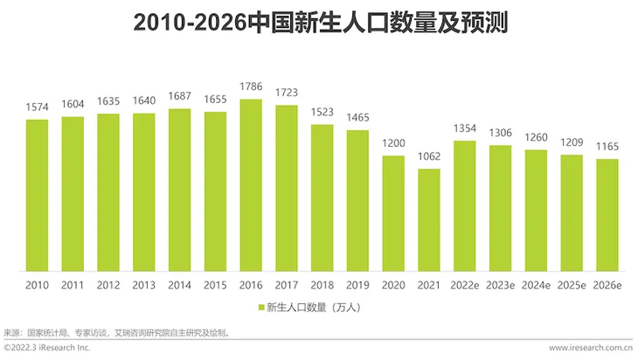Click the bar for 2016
251,184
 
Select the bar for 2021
429,219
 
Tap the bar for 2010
37,195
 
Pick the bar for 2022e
465,205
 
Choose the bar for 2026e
607,215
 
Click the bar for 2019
357,200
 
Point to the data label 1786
251,87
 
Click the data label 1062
429,157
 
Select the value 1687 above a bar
179,97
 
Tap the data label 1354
465,128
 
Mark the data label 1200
393,143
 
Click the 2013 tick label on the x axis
144,285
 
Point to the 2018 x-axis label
322,285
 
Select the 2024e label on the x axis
536,285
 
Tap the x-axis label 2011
73,285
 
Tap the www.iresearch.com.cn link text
591,349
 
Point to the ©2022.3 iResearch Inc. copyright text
47,349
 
